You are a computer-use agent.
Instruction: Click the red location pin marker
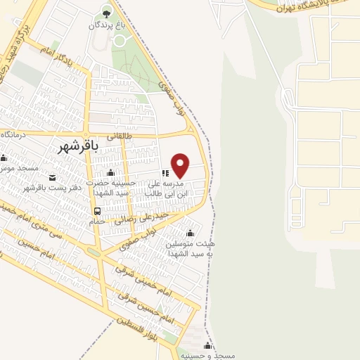tap(181, 165)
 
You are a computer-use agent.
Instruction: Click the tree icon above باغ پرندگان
tap(106, 11)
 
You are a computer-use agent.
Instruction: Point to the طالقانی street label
tap(119, 135)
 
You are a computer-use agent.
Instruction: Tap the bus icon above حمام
tap(97, 210)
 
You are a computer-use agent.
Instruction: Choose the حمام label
tap(96, 220)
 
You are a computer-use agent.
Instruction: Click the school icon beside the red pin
tap(165, 172)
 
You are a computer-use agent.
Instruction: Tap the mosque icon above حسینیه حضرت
tap(110, 174)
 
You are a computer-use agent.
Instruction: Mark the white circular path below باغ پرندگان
tap(120, 41)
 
